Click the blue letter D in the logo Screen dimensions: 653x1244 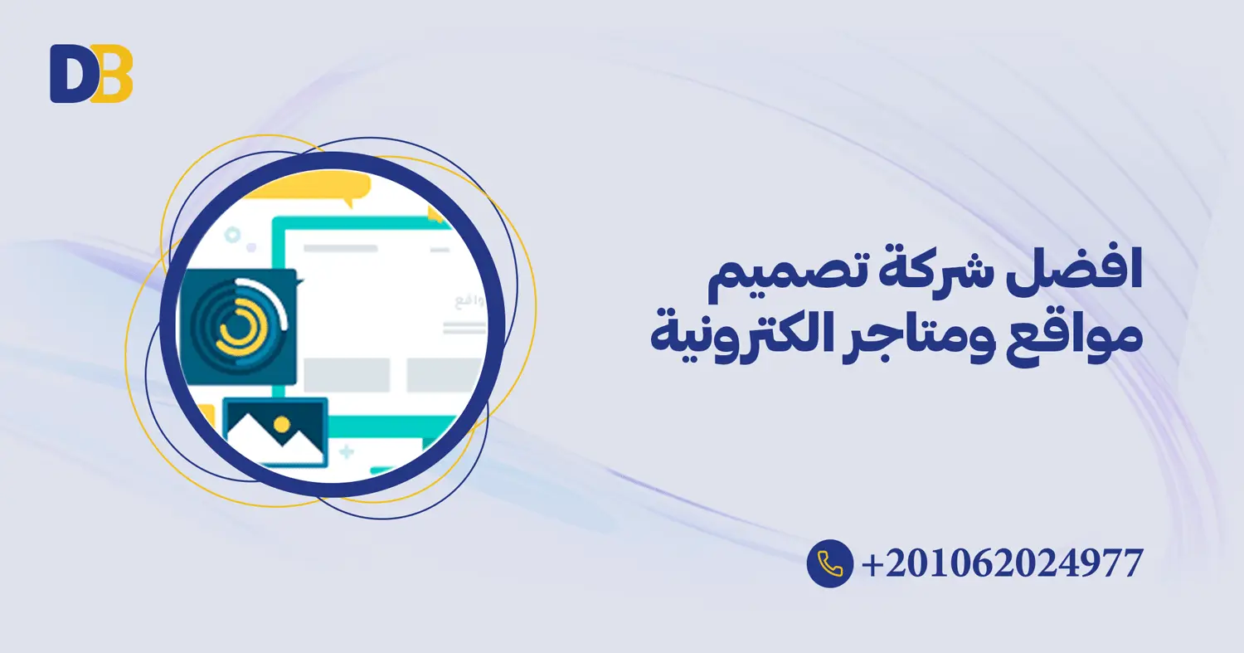(68, 75)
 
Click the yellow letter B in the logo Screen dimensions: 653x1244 (114, 75)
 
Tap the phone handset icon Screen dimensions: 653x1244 (829, 563)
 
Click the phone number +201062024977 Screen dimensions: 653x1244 (1003, 563)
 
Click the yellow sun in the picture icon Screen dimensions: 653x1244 (282, 424)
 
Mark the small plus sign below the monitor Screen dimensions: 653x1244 (347, 452)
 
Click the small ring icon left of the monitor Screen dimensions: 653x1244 (233, 236)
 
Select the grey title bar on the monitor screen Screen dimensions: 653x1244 (340, 247)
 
